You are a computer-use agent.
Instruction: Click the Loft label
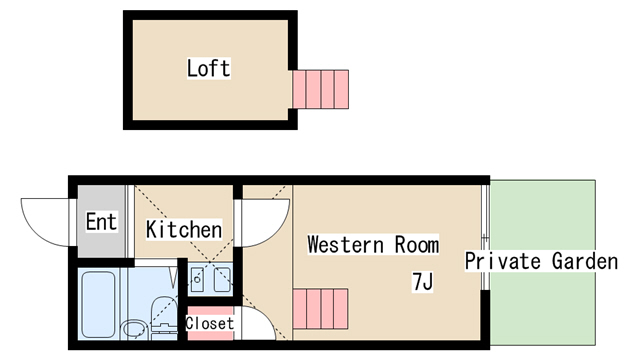[209, 68]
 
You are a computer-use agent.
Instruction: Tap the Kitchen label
[184, 229]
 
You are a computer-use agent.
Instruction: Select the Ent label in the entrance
[101, 222]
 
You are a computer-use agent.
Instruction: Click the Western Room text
[373, 244]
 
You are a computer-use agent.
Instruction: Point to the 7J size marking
[422, 282]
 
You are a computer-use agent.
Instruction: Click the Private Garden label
[541, 261]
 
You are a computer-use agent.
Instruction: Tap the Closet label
[210, 323]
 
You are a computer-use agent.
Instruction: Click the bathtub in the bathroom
[98, 304]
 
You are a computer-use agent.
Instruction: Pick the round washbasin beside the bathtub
[135, 330]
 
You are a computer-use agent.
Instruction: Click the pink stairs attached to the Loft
[321, 89]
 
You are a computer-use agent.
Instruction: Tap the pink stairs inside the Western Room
[320, 309]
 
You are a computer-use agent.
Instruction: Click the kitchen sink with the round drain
[198, 280]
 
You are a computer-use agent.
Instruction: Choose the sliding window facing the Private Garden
[485, 237]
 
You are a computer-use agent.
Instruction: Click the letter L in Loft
[192, 69]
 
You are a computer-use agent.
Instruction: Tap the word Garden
[584, 261]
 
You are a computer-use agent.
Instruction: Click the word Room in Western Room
[417, 244]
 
